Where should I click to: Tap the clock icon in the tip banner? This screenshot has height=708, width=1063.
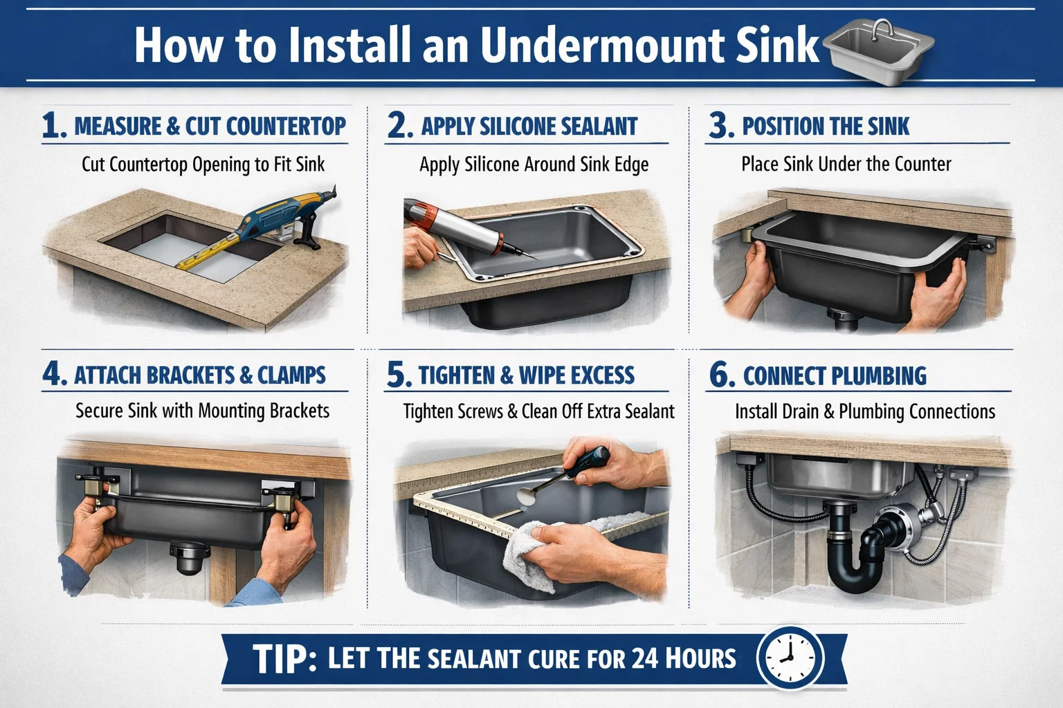[x=790, y=658]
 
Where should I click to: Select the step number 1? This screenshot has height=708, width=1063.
[x=53, y=126]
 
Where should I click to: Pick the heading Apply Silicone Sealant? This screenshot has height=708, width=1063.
[x=529, y=127]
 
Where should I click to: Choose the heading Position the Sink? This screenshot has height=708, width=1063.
[x=825, y=127]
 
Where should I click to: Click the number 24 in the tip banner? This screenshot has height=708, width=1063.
[x=644, y=658]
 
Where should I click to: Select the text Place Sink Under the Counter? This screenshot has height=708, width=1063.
[x=846, y=165]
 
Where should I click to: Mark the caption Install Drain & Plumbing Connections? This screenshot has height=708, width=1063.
[x=864, y=412]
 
